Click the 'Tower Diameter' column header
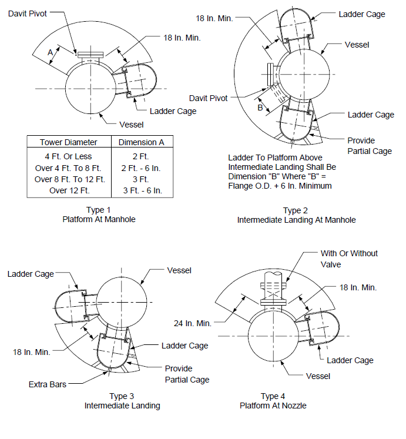tap(69, 142)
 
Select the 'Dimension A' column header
tap(142, 142)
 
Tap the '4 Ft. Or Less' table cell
tap(68, 156)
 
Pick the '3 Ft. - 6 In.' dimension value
tap(143, 190)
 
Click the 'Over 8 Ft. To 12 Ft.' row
tap(70, 179)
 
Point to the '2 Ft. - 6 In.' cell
tap(141, 168)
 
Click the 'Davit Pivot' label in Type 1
tap(28, 14)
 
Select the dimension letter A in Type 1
tap(50, 52)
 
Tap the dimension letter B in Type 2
tap(260, 108)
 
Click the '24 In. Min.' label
tap(193, 323)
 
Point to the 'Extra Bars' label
tap(48, 384)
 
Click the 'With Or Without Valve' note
tap(349, 259)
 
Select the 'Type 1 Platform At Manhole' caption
tap(99, 215)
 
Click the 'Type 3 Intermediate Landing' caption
tap(122, 401)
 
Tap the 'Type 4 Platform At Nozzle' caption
tap(273, 401)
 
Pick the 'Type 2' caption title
tap(296, 210)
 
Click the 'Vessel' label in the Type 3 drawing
tap(179, 270)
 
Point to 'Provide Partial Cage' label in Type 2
tap(370, 146)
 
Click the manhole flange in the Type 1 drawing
tap(90, 55)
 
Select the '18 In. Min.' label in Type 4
tap(358, 287)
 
